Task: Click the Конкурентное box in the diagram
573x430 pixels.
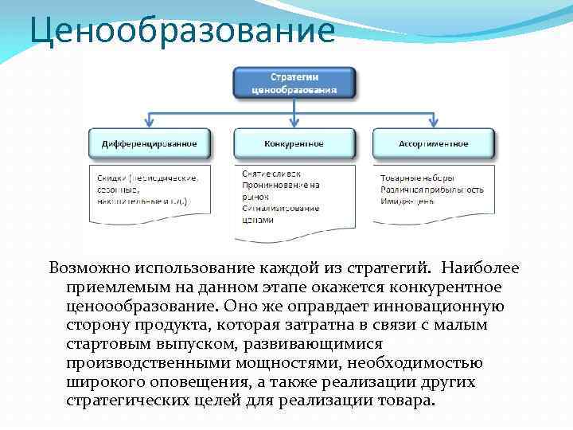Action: point(294,144)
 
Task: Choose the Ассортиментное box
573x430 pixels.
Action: point(434,144)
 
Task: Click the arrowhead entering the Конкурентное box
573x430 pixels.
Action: point(294,126)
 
